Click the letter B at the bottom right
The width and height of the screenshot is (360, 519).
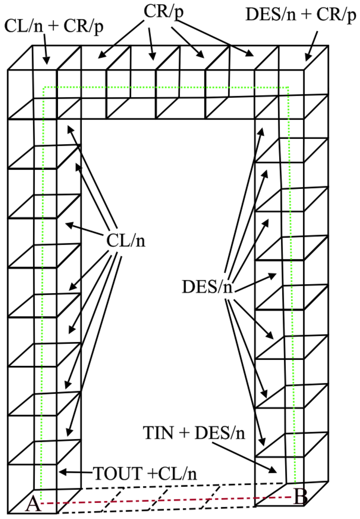(301, 498)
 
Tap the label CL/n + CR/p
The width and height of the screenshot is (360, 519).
(54, 27)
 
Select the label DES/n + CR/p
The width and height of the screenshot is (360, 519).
(301, 15)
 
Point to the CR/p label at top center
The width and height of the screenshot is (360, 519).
(163, 12)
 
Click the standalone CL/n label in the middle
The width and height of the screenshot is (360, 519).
(126, 241)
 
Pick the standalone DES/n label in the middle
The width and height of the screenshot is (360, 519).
(207, 287)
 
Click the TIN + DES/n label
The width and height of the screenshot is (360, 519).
(194, 433)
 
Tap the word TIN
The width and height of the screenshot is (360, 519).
(158, 433)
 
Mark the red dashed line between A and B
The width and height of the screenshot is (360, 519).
(169, 500)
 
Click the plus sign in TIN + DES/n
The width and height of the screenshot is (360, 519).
(184, 433)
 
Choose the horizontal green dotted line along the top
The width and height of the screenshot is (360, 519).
(165, 87)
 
